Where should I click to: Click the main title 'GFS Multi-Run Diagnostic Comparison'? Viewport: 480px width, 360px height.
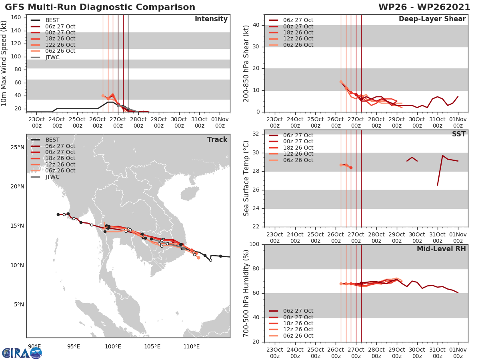point(100,7)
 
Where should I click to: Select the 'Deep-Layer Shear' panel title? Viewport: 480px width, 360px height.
point(432,19)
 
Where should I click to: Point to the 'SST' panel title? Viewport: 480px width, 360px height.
point(458,134)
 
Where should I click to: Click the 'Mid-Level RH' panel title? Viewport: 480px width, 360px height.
point(441,249)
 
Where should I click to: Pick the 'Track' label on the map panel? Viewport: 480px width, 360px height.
point(217,140)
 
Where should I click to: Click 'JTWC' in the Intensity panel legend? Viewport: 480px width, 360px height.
point(52,57)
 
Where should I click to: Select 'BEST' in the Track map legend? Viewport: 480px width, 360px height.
point(52,140)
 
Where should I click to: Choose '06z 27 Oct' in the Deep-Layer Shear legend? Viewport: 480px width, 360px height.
point(298,20)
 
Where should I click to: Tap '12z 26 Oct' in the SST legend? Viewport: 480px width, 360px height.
point(298,154)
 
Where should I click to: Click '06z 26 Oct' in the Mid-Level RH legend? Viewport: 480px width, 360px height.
point(298,336)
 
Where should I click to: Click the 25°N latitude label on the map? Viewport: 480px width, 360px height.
point(17,148)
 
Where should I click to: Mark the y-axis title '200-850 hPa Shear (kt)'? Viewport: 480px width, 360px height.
point(246,63)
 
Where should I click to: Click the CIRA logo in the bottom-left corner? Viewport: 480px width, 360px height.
point(22,353)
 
